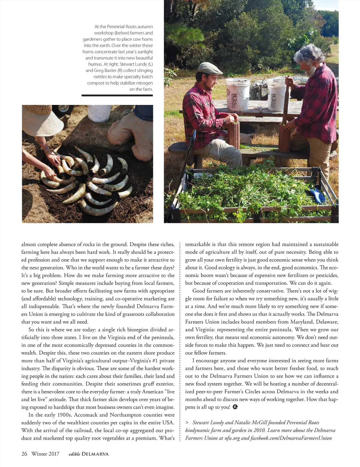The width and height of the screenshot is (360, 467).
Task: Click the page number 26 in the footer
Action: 24,454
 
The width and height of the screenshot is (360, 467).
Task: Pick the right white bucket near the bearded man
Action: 276,94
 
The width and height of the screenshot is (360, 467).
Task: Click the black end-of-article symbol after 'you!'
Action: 235,407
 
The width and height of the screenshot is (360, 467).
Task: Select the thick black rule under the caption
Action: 117,95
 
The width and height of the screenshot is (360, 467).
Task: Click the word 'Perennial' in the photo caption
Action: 121,27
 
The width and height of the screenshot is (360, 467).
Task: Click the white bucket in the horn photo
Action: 100,113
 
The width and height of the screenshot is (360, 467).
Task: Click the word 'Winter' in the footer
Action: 39,454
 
